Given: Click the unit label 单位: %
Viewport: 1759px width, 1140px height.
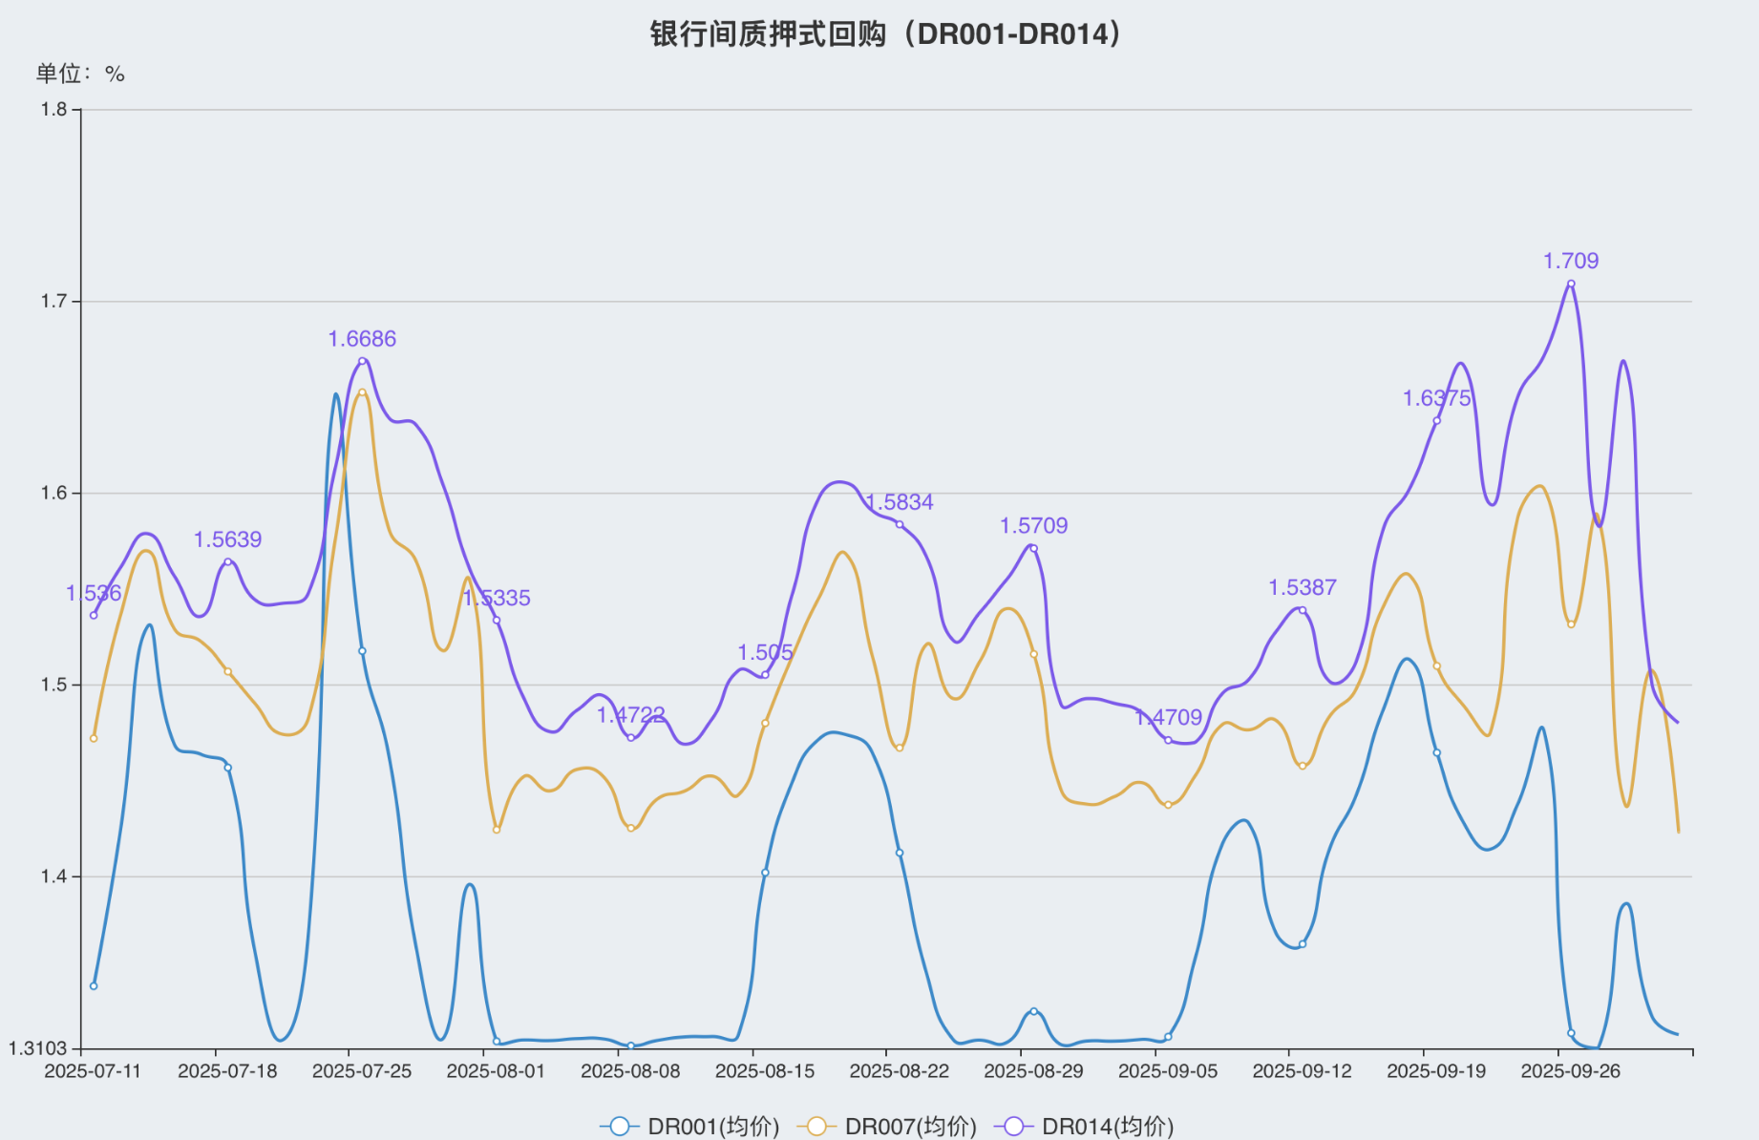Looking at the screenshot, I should (x=80, y=74).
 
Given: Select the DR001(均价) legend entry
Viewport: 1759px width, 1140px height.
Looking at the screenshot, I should (x=690, y=1127).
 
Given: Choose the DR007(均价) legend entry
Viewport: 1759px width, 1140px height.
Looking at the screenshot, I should (x=888, y=1127).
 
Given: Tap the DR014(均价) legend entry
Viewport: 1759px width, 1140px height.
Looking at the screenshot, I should (x=1085, y=1127).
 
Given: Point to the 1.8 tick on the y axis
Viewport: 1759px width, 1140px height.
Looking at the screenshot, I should (x=53, y=110).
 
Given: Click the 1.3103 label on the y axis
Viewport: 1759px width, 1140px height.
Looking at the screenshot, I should (x=38, y=1048).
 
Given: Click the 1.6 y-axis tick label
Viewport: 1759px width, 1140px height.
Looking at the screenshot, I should (x=53, y=494).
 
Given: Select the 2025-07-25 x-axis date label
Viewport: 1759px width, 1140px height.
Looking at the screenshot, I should (x=362, y=1071).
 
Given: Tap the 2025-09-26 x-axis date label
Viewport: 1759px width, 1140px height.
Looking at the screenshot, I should (x=1571, y=1071).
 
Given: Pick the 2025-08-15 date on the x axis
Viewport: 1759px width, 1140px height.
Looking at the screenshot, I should (x=765, y=1071).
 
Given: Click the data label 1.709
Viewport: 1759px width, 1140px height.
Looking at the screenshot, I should (x=1571, y=261).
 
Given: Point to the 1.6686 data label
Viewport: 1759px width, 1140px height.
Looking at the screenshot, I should (x=362, y=339).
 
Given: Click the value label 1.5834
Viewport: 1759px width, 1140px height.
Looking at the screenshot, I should (x=900, y=502).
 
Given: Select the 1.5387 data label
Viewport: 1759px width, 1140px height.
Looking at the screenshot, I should (x=1303, y=587).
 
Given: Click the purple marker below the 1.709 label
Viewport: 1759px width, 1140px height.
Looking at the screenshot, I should (x=1571, y=284).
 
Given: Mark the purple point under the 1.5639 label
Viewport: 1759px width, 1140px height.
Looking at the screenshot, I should (x=227, y=562).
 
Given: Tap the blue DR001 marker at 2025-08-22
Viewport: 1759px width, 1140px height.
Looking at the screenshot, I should (x=900, y=853).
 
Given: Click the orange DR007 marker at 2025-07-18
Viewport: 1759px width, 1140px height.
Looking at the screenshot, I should (x=227, y=671).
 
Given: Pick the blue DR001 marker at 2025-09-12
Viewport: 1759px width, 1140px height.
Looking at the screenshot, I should (x=1303, y=944).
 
